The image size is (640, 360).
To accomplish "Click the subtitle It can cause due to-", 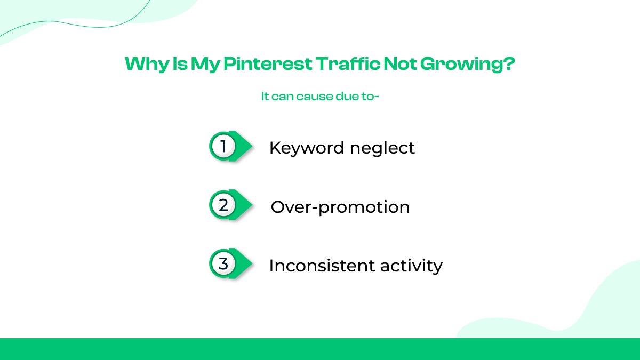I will [319, 97].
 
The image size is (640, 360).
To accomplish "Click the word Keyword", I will [307, 148].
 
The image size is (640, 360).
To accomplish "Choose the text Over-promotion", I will [340, 207].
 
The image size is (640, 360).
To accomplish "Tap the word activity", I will [410, 266].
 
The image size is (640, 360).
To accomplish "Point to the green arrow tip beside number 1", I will [246, 145].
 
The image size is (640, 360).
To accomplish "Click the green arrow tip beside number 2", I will [246, 204].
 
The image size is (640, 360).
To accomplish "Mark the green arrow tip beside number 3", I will [246, 263].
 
